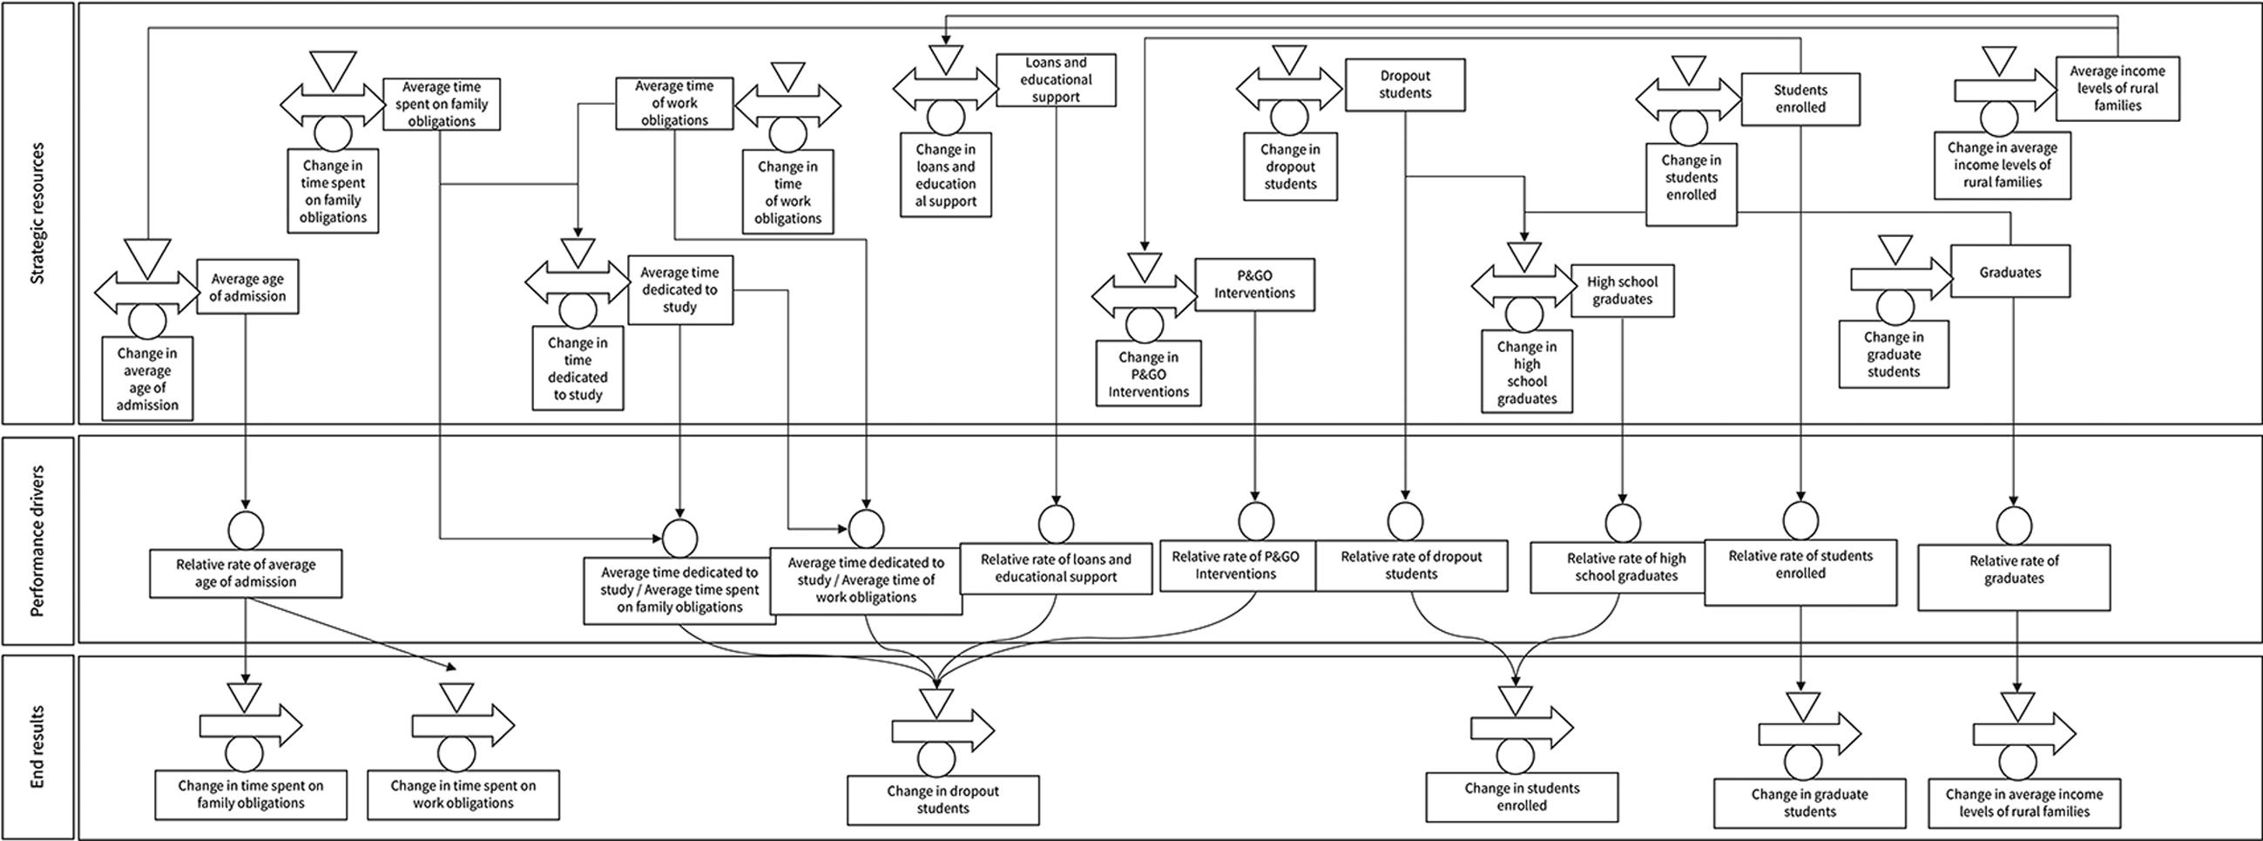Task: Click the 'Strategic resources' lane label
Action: coord(37,214)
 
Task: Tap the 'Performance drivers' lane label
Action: coord(37,540)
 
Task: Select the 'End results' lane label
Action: coord(37,747)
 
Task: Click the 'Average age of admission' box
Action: coord(247,287)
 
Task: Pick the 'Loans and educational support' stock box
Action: coord(1056,80)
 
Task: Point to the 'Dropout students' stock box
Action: coord(1405,85)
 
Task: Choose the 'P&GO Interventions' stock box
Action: coord(1254,284)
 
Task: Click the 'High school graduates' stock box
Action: coord(1623,291)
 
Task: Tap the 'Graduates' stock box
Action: coord(2010,273)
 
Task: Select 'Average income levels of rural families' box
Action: coord(2118,88)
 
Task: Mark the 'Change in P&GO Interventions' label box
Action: coord(1148,375)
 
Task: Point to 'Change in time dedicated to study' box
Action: coord(578,370)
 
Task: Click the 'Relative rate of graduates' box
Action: coord(2014,577)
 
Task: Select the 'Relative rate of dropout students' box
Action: coord(1411,566)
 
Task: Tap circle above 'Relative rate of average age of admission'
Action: coord(245,530)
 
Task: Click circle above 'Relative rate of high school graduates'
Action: coord(1623,524)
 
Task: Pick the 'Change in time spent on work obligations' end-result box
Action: coord(463,795)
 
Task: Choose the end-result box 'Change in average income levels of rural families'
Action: coord(2024,804)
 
